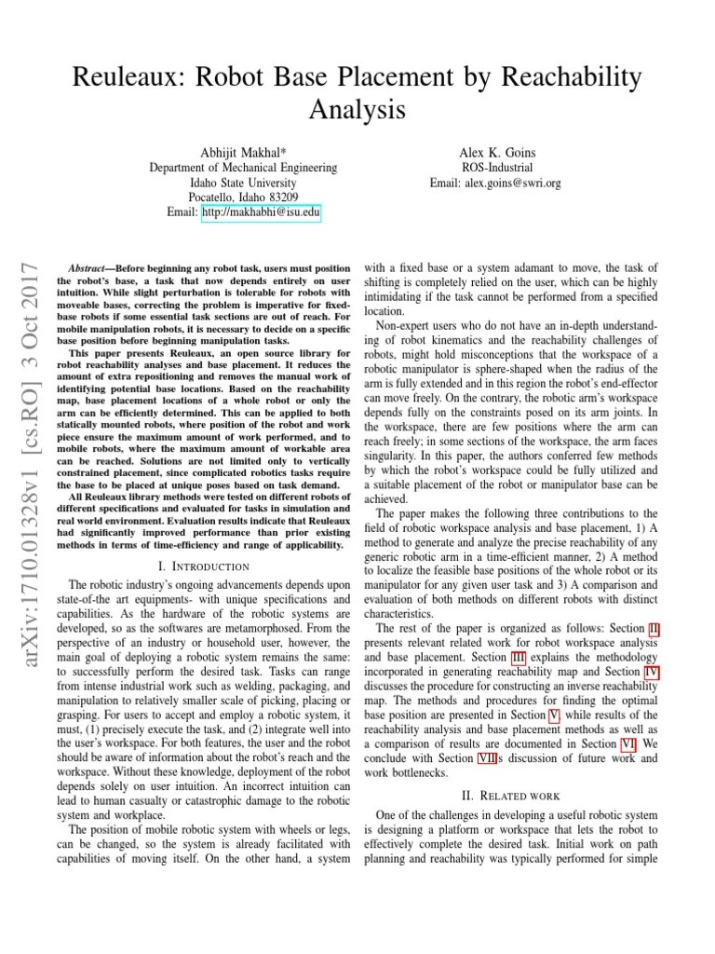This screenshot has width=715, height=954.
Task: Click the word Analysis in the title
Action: pyautogui.click(x=357, y=110)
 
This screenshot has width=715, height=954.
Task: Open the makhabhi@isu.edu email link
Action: pyautogui.click(x=262, y=213)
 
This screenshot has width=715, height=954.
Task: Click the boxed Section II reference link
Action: pyautogui.click(x=654, y=631)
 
